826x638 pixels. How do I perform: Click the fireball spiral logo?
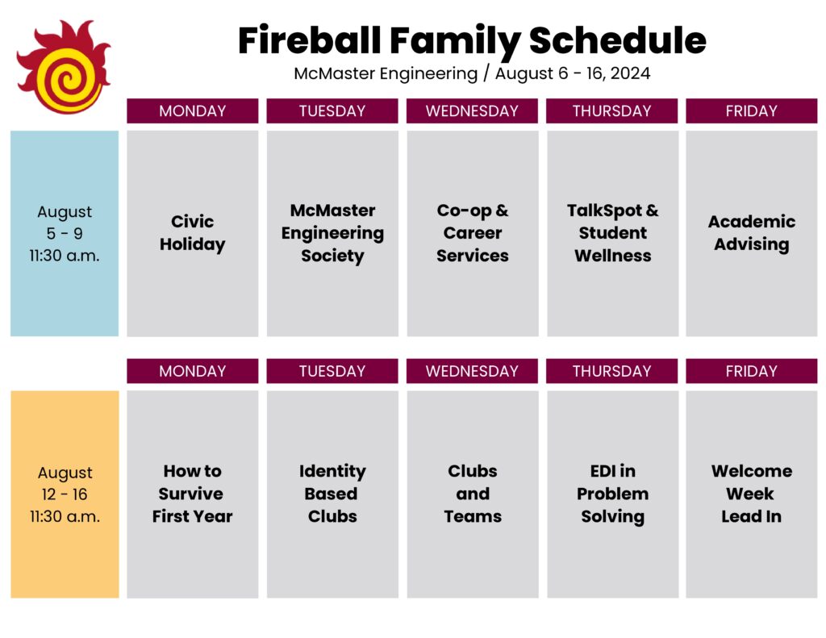tap(64, 68)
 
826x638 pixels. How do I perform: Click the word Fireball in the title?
tap(309, 40)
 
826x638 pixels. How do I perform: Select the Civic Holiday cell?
tap(192, 233)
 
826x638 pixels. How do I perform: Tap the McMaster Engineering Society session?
tap(332, 233)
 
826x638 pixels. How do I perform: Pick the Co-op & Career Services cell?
tap(473, 233)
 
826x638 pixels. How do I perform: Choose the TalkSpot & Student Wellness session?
tap(613, 233)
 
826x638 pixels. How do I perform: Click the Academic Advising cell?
tap(752, 233)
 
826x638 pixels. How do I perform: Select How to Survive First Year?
tap(192, 494)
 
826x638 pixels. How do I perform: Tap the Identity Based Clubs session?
tap(332, 494)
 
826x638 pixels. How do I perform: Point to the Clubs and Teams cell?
tap(473, 494)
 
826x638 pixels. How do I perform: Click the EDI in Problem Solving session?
tap(613, 494)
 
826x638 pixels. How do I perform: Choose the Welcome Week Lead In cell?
tap(752, 494)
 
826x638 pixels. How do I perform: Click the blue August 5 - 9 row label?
tap(65, 233)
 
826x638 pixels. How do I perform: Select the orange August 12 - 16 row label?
tap(65, 494)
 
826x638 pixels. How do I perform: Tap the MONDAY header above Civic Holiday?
tap(192, 111)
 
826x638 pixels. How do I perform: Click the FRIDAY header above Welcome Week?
tap(752, 371)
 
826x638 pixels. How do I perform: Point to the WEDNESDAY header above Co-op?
tap(472, 111)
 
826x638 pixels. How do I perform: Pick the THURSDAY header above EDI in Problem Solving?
tap(612, 371)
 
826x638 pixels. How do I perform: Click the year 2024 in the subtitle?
tap(631, 73)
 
